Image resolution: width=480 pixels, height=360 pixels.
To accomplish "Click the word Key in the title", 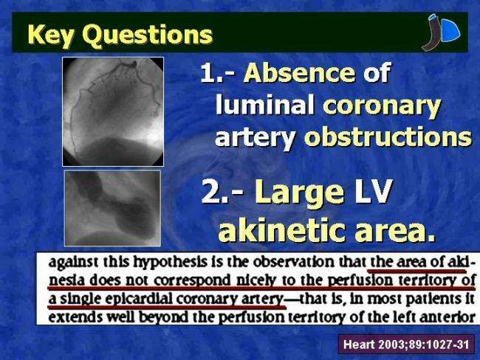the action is pyautogui.click(x=51, y=35).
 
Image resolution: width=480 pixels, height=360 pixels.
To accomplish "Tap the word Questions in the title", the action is pyautogui.click(x=148, y=35).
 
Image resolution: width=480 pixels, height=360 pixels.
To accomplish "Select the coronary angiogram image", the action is pyautogui.click(x=113, y=111).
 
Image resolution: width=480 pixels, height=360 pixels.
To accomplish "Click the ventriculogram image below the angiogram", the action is pyautogui.click(x=113, y=208).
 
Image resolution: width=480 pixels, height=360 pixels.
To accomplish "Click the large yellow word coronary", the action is pyautogui.click(x=382, y=107).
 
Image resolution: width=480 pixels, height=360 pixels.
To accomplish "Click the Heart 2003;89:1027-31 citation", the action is pyautogui.click(x=406, y=345).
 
